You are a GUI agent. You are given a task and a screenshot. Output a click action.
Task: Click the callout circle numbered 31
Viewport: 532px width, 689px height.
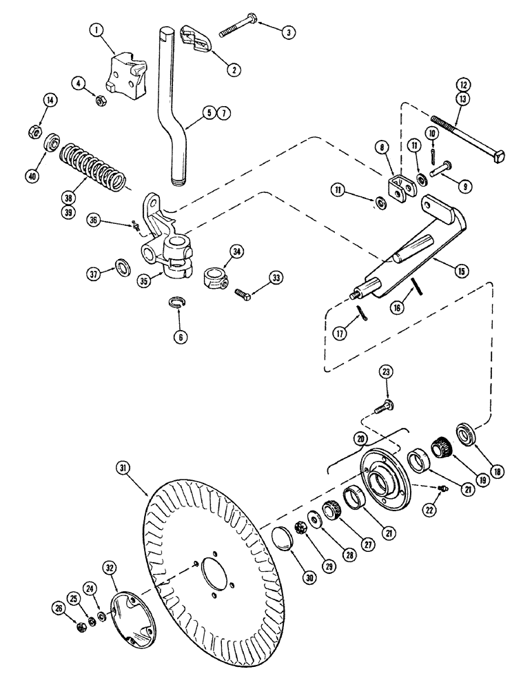click(x=123, y=469)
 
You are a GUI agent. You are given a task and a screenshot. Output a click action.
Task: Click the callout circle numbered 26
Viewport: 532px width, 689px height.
click(x=61, y=609)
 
